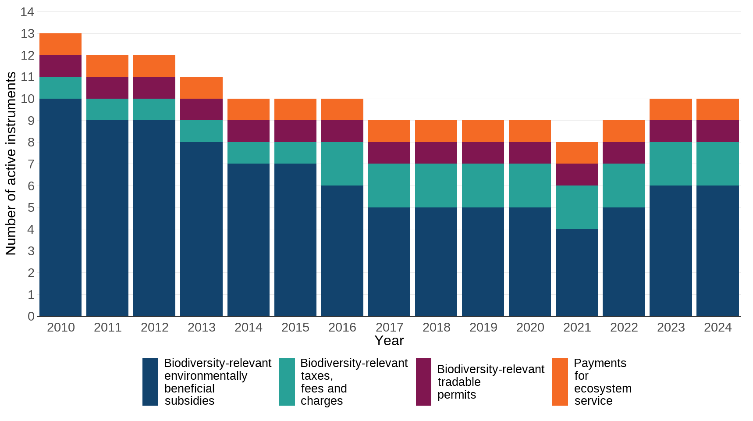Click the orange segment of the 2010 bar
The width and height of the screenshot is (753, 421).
point(60,44)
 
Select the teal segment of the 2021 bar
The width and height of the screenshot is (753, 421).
point(577,207)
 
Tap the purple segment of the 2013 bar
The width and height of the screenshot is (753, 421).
point(201,109)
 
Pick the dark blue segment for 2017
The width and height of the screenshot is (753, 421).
point(389,261)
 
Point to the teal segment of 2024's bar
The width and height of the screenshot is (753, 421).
point(717,164)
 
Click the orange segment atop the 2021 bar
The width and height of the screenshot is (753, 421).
point(577,153)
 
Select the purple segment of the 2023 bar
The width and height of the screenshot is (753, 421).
point(671,131)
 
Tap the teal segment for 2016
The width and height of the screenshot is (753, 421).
point(342,164)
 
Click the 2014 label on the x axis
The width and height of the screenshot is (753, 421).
point(248,327)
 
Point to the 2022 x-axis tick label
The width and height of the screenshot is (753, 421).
point(624,327)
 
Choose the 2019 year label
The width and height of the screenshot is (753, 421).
point(483,327)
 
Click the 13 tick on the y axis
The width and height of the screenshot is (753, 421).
point(27,33)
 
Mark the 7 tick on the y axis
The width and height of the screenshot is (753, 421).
point(31,164)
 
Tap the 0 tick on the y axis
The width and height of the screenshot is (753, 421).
point(31,316)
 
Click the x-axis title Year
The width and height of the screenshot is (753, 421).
point(389,341)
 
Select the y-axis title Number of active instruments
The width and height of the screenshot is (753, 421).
point(11,163)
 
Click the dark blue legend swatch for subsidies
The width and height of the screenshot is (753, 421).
point(150,382)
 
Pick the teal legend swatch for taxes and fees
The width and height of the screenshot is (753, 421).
point(287,382)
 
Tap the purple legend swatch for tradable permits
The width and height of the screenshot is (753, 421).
point(423,382)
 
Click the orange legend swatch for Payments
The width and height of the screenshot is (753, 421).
point(560,382)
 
